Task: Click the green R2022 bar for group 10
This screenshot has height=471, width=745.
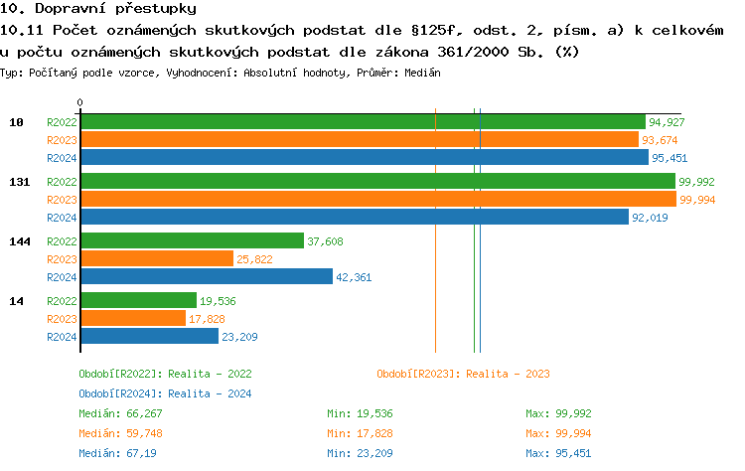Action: pos(363,122)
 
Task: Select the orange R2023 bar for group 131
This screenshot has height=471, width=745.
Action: pos(378,200)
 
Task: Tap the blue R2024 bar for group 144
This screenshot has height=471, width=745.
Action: pos(207,277)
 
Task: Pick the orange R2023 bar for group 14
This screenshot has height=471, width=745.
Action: pos(133,318)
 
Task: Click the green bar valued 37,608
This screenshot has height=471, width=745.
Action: pos(192,241)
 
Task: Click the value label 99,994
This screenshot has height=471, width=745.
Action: pos(697,200)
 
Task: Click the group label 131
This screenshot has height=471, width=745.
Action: pos(18,182)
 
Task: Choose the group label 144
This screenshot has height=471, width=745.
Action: pos(18,241)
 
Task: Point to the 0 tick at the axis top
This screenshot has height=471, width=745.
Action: pos(80,102)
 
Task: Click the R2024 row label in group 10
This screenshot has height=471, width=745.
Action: pos(62,158)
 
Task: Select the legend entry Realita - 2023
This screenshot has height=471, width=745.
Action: pos(463,374)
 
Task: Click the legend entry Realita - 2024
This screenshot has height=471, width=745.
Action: pos(165,393)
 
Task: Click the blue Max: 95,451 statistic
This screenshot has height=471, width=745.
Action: pos(558,453)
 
